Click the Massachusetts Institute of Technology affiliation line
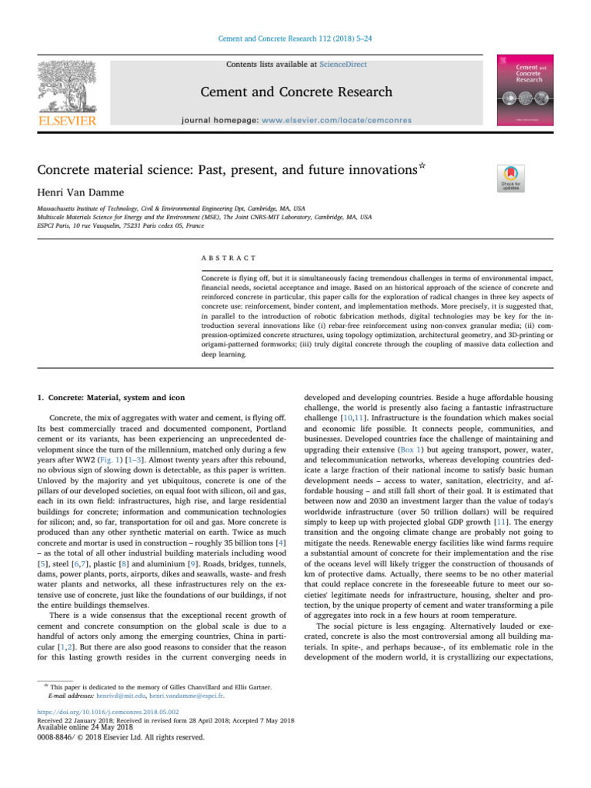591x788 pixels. point(171,209)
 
